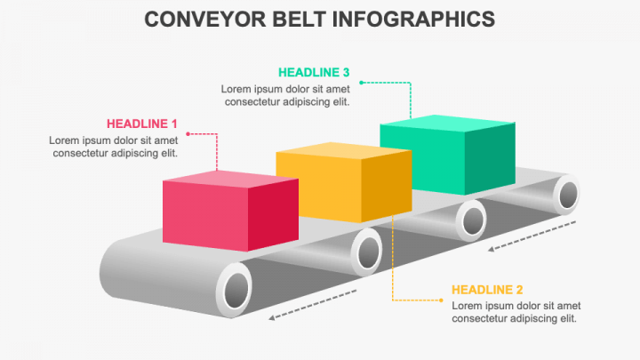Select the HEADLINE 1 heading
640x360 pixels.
tap(142, 124)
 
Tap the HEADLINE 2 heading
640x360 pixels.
tap(487, 290)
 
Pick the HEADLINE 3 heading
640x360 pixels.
tap(314, 72)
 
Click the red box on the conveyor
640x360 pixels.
tap(230, 211)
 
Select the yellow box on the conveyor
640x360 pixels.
tap(344, 182)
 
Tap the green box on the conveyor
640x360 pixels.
tap(447, 155)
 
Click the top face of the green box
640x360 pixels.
tap(447, 123)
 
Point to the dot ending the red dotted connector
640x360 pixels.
tap(188, 134)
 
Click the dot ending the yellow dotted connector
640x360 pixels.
tap(441, 300)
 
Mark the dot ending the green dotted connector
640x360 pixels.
tap(361, 83)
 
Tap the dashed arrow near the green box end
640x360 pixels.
tap(532, 236)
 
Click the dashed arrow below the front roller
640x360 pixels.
tap(313, 305)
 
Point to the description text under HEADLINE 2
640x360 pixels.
tap(516, 312)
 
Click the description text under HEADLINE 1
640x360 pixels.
tap(114, 147)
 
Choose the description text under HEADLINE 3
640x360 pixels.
tap(285, 95)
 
